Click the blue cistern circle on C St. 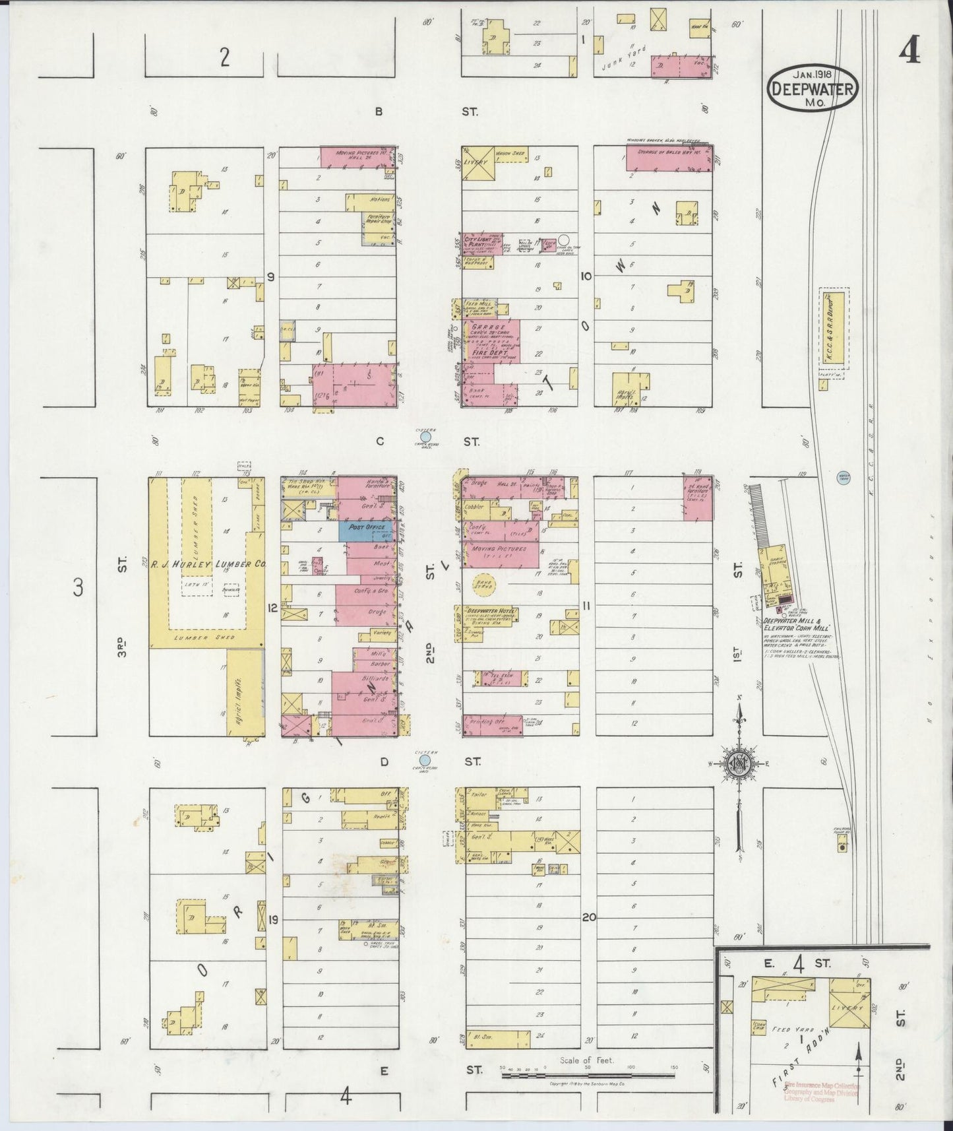coord(426,436)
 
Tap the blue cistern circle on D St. coord(426,760)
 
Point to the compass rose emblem coord(739,764)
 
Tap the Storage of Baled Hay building coord(668,158)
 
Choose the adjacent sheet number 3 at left coord(77,587)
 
